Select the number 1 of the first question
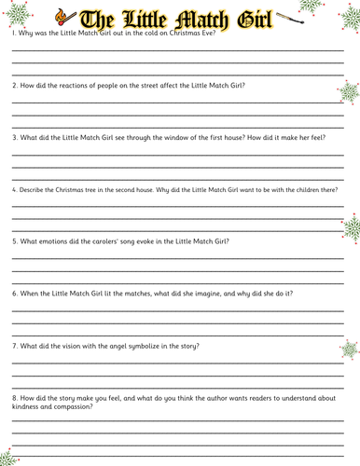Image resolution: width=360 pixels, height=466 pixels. coord(13,34)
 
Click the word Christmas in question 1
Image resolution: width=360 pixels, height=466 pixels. coord(177,34)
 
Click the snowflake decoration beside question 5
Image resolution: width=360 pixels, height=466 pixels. coord(352,228)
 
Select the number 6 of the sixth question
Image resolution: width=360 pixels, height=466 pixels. coord(14,294)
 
